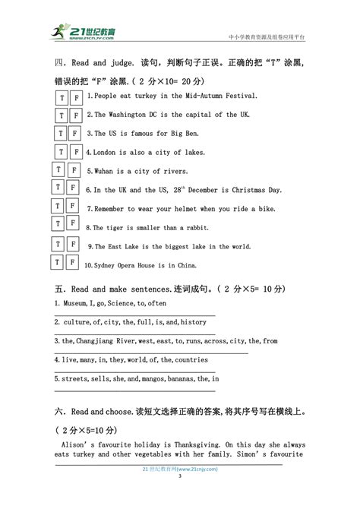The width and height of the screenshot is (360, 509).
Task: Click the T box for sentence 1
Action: (62, 96)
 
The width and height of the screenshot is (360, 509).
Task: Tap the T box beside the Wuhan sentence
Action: (57, 169)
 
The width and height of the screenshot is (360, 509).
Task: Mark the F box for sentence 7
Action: (73, 207)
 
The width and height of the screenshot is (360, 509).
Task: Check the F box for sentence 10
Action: (71, 263)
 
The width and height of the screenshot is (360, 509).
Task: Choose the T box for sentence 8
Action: (58, 225)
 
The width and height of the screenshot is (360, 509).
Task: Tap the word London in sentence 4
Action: (106, 152)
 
